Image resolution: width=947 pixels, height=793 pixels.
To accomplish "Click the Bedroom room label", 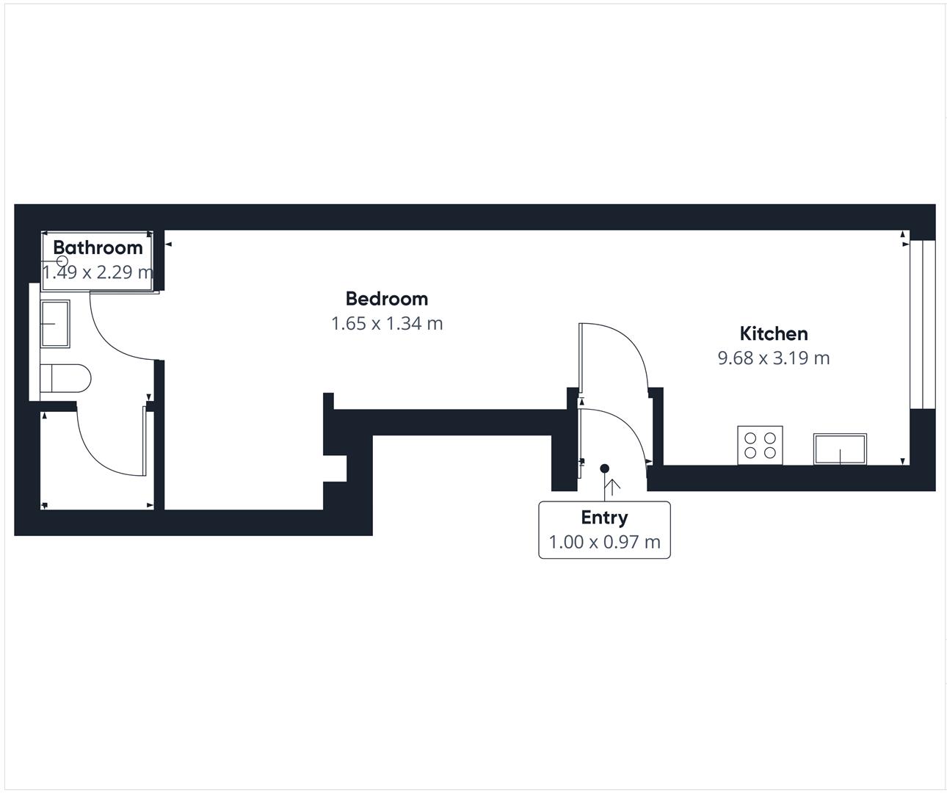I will [387, 299].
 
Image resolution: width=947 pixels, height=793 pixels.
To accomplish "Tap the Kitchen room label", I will [774, 333].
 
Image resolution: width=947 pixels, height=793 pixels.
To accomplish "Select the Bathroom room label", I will [98, 247].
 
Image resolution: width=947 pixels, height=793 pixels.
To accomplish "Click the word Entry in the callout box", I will [604, 518].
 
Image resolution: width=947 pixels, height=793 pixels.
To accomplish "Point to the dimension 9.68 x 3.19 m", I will [774, 358].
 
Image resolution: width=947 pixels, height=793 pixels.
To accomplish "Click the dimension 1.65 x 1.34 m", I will [387, 323].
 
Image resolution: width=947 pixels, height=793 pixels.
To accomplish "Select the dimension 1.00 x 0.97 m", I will [604, 542].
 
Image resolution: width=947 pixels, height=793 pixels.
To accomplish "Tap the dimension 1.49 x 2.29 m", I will [98, 272].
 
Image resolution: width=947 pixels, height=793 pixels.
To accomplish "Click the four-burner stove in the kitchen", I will [760, 445].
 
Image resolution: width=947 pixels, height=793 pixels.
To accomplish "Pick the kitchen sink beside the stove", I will [840, 449].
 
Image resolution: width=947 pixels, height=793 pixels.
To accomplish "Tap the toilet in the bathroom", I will [66, 379].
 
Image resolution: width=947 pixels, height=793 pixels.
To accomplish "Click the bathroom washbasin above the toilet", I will [55, 323].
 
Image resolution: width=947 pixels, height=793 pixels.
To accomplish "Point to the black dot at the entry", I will [604, 468].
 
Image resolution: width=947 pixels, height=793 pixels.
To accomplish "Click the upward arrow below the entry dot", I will [610, 485].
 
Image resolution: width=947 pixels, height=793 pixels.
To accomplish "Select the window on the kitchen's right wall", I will [922, 325].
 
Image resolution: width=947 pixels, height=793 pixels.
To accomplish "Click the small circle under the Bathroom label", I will [62, 261].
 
